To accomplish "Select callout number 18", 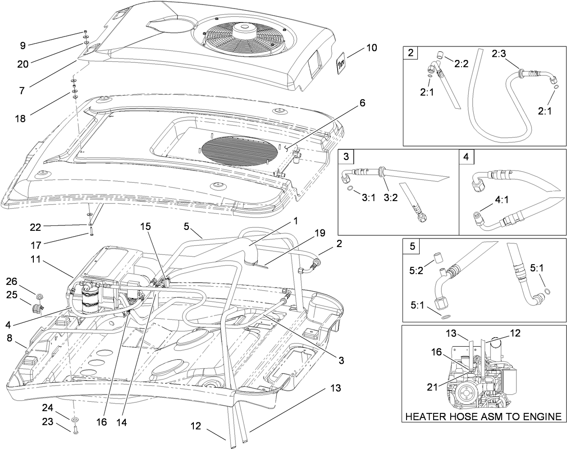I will click(20, 119).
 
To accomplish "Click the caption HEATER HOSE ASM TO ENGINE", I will click(484, 416).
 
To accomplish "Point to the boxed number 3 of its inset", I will click(346, 157).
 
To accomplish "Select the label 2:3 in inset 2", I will click(499, 54).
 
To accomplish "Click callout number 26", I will click(12, 282).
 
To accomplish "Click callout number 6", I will click(362, 103).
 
